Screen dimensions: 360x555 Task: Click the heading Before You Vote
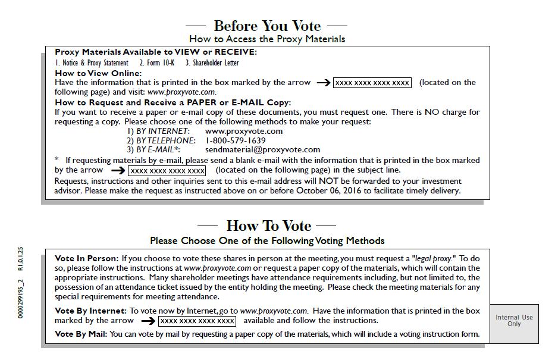click(266, 26)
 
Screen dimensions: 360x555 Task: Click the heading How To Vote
click(268, 226)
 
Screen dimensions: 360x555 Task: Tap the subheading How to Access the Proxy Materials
click(267, 39)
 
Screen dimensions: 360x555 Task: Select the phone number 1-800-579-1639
click(236, 140)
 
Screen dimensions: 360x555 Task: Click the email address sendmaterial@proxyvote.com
click(254, 150)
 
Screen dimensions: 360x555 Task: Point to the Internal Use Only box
click(514, 321)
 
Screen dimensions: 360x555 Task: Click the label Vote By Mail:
click(81, 334)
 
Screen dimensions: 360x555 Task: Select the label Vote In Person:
click(87, 259)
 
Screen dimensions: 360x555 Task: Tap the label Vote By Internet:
click(90, 311)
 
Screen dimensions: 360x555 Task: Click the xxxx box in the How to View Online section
click(372, 83)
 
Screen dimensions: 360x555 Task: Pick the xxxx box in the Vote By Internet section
click(197, 321)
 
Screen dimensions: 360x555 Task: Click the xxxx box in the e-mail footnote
click(167, 171)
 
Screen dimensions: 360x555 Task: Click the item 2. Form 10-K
click(157, 62)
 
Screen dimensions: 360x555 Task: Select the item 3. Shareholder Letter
click(212, 62)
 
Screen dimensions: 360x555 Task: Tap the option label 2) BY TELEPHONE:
click(161, 140)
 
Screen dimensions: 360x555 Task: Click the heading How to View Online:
click(98, 73)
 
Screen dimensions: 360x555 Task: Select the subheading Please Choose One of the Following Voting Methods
click(267, 241)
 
